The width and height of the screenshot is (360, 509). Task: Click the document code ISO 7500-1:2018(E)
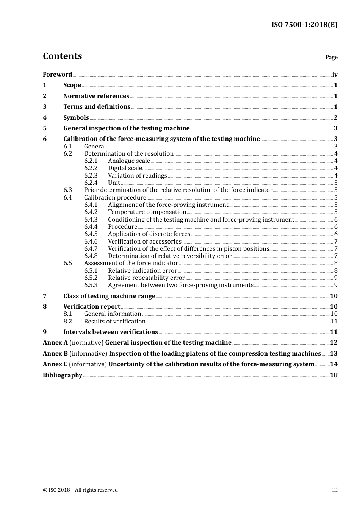click(x=304, y=25)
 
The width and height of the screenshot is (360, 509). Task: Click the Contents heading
click(x=62, y=56)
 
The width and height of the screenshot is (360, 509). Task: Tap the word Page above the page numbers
click(x=331, y=57)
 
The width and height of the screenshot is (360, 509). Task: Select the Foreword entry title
click(x=57, y=75)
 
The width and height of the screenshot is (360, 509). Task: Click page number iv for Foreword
click(x=335, y=75)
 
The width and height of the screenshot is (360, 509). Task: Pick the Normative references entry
click(x=96, y=96)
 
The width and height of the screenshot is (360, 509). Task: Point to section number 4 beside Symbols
click(x=45, y=118)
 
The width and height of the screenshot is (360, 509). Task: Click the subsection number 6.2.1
click(x=91, y=161)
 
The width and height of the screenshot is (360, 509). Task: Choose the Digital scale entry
click(x=125, y=168)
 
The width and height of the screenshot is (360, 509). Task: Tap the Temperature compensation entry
click(x=147, y=212)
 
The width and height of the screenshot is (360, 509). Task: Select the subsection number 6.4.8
click(x=91, y=256)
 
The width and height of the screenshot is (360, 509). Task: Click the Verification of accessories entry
click(x=144, y=242)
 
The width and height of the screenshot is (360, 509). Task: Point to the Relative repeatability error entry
click(x=146, y=278)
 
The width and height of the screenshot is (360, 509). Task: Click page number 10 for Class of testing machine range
click(x=333, y=296)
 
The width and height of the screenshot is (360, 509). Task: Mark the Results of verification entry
click(x=115, y=322)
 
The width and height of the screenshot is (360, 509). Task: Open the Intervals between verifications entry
click(x=111, y=332)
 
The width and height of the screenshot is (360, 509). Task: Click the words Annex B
click(x=55, y=354)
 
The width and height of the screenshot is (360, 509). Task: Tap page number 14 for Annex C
click(x=333, y=364)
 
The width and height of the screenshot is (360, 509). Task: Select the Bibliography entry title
click(x=63, y=375)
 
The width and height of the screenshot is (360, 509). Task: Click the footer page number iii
click(x=335, y=490)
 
